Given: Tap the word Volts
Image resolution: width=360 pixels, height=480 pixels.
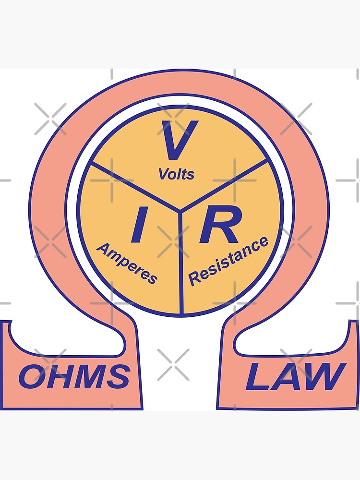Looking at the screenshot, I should point(177,173).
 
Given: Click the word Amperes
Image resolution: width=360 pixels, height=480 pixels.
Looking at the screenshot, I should point(127,263).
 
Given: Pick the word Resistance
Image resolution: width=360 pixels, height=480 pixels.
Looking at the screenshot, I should point(228,261).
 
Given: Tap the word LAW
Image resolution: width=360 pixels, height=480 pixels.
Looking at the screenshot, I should point(295,376).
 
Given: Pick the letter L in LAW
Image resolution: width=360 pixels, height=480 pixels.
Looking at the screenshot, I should point(257,377).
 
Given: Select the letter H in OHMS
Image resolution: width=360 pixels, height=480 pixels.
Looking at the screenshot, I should point(58,376).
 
